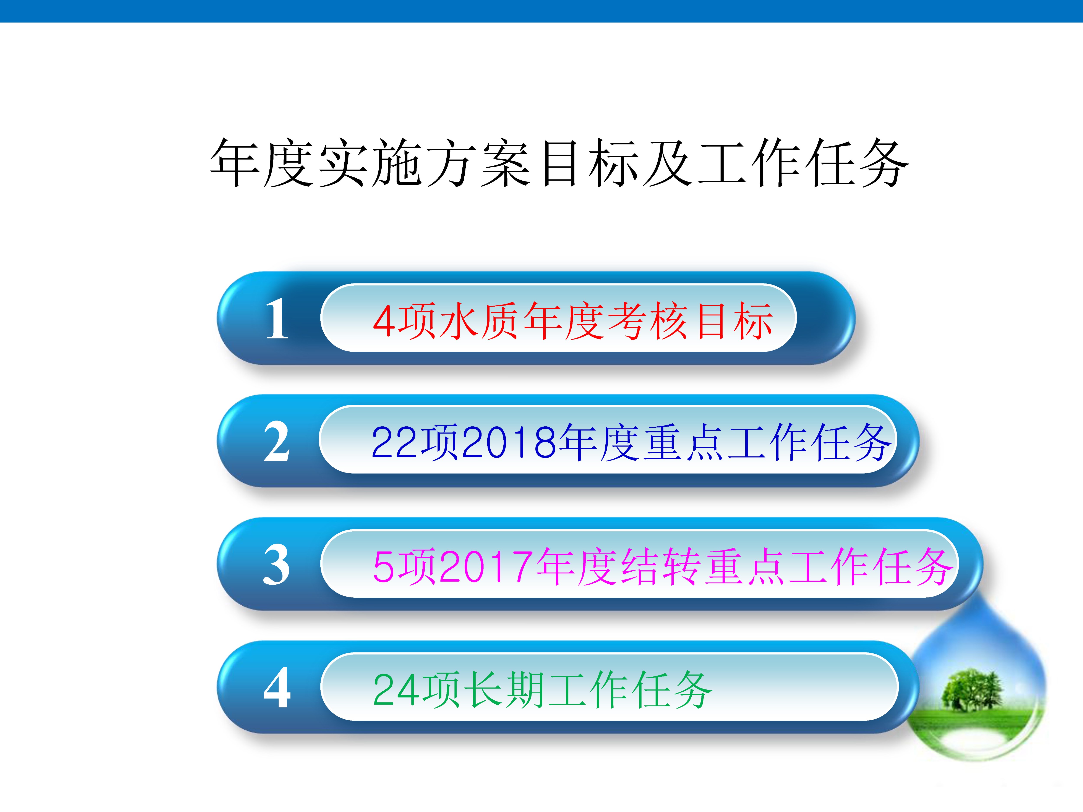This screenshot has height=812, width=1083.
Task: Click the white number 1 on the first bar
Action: pos(277,319)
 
